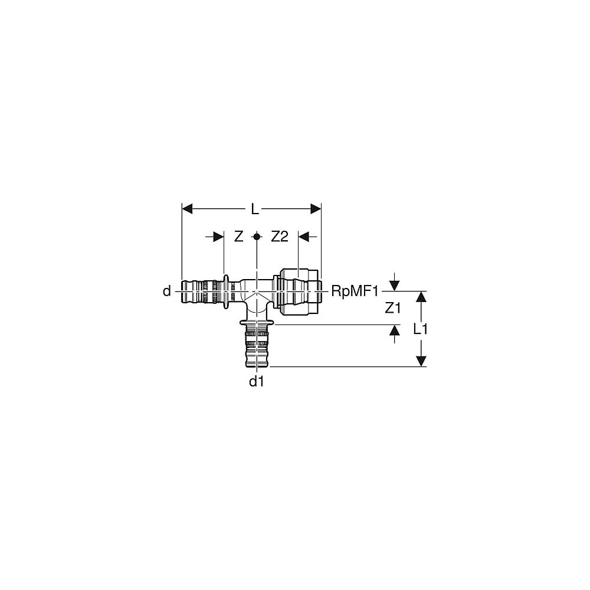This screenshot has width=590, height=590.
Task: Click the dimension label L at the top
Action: coord(255,209)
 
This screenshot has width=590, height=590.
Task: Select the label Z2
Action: coord(280,237)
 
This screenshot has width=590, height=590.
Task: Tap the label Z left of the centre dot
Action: coord(238,237)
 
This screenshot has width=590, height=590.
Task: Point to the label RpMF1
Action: coord(355,291)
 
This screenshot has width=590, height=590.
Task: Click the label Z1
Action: coord(392,308)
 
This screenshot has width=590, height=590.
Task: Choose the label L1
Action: coord(420,329)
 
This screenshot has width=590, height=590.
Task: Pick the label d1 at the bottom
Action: coord(257,382)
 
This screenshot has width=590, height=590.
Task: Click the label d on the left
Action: coord(167,291)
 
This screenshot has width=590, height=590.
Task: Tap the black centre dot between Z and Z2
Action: coord(257,237)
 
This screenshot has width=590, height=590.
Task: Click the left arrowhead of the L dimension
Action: coord(187,209)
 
